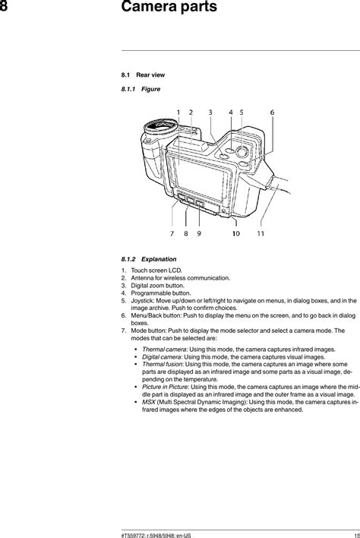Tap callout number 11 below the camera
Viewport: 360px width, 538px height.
[x=261, y=234]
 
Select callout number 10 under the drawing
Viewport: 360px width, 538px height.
[x=236, y=234]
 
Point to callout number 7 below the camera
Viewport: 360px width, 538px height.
[x=173, y=234]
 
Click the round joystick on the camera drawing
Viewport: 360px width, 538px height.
[x=241, y=152]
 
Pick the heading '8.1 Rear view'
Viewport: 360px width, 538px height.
[x=143, y=75]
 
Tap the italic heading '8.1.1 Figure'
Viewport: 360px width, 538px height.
[x=141, y=90]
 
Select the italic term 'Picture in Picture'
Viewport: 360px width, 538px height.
[x=166, y=387]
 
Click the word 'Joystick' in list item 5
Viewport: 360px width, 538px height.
[x=143, y=302]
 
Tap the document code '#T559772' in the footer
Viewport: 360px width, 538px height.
[x=134, y=533]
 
